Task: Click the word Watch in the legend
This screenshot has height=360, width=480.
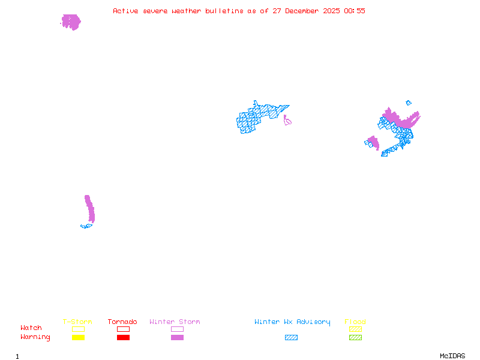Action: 31,328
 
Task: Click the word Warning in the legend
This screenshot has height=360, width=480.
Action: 35,337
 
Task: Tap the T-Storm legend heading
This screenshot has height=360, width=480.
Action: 77,322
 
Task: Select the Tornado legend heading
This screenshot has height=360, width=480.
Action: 122,322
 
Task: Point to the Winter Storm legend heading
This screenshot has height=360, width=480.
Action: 175,322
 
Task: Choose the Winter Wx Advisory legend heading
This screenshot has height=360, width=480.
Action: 292,322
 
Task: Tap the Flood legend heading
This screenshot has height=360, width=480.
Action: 355,322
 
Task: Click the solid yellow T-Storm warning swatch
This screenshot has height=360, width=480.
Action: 78,338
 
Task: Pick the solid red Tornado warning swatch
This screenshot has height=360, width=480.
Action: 123,338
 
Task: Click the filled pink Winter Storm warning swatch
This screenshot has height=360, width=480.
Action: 177,338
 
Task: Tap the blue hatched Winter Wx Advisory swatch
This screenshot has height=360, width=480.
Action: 291,338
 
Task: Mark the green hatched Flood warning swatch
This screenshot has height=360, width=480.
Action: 355,338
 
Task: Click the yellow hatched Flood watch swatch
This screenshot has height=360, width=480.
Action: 355,329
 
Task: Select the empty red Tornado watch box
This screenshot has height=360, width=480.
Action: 123,329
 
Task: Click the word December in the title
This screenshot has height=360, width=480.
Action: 302,11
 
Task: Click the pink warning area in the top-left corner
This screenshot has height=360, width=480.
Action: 71,22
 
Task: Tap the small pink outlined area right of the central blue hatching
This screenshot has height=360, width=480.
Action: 287,121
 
